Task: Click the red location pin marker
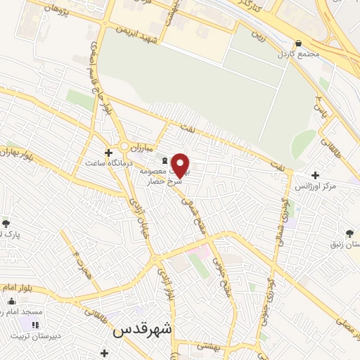pyautogui.click(x=181, y=165)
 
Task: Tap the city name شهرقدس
pyautogui.click(x=143, y=329)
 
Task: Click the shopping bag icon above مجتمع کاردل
pyautogui.click(x=299, y=43)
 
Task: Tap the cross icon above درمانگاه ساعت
pyautogui.click(x=108, y=152)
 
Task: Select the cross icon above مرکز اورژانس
pyautogui.click(x=315, y=174)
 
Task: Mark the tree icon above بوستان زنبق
pyautogui.click(x=350, y=233)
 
